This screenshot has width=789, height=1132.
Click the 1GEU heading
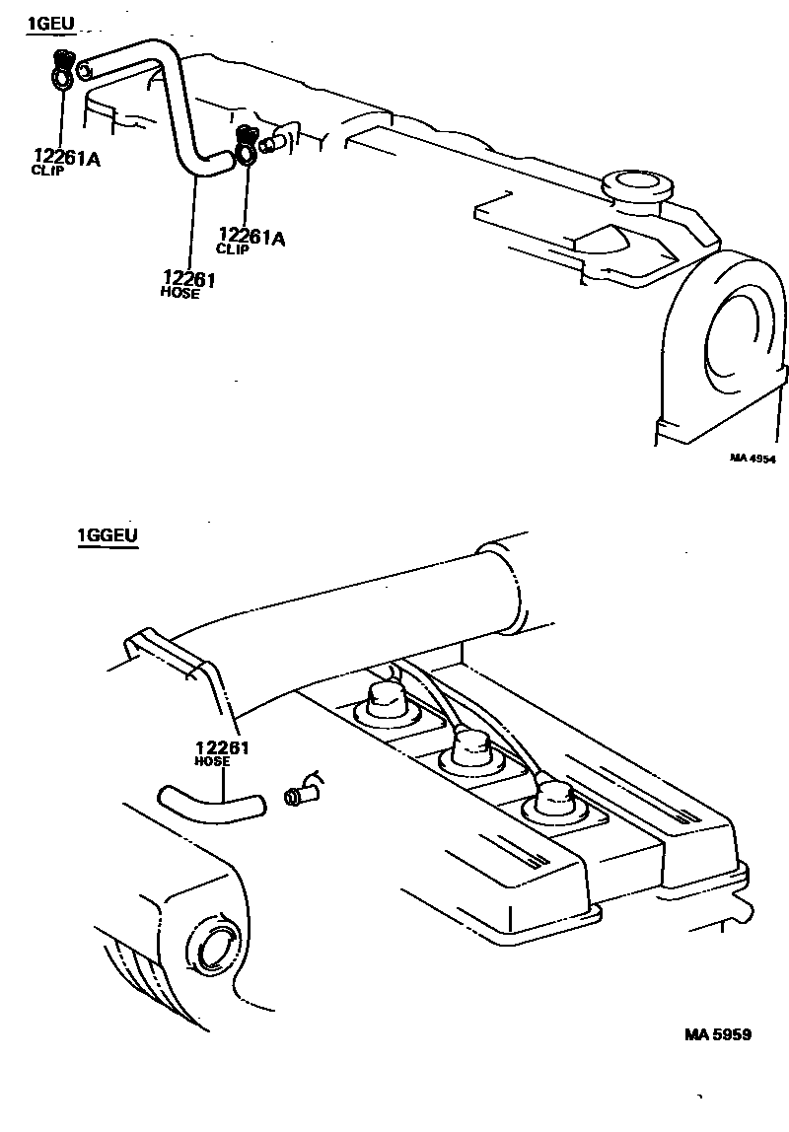(x=50, y=23)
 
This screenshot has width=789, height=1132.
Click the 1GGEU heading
(x=107, y=536)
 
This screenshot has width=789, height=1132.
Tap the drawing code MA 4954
(x=753, y=458)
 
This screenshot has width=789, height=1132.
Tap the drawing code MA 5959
(x=719, y=1034)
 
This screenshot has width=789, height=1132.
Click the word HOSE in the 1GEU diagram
(x=179, y=293)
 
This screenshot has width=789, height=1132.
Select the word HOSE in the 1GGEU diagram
(x=213, y=761)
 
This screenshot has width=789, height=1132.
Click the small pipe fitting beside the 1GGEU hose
(x=298, y=795)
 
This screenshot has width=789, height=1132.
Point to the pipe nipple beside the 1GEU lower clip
(x=273, y=142)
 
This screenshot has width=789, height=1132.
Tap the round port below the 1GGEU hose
(x=212, y=946)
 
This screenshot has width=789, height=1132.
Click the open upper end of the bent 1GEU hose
(x=84, y=69)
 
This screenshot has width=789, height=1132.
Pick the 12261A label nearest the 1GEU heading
(x=66, y=157)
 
